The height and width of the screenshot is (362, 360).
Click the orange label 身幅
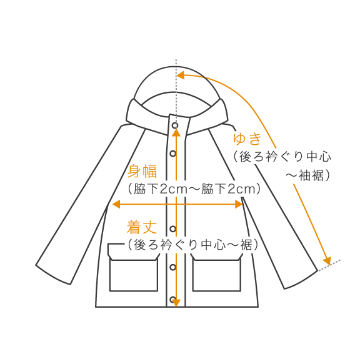[142, 171]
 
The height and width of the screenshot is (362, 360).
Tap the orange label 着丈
[141, 227]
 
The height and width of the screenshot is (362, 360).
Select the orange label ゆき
[247, 139]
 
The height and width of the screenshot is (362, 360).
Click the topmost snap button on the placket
[175, 125]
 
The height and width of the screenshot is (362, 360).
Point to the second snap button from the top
[172, 154]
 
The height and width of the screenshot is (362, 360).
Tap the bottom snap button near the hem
[172, 300]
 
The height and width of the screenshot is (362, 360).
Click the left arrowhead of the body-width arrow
[116, 204]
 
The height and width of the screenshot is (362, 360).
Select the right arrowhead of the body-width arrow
[239, 204]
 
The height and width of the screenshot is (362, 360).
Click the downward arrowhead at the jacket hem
[176, 303]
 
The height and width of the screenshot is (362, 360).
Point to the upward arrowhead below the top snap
[176, 132]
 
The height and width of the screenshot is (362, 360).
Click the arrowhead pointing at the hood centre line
[181, 76]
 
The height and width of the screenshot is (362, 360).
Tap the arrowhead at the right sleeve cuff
[327, 261]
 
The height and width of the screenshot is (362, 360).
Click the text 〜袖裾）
[307, 175]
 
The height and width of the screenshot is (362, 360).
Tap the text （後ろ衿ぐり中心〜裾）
[192, 245]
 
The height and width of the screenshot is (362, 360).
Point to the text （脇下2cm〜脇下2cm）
[194, 189]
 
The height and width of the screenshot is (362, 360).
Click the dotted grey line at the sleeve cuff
[329, 265]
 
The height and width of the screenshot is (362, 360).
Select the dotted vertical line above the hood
[176, 92]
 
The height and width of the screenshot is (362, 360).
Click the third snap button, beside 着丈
[172, 229]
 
